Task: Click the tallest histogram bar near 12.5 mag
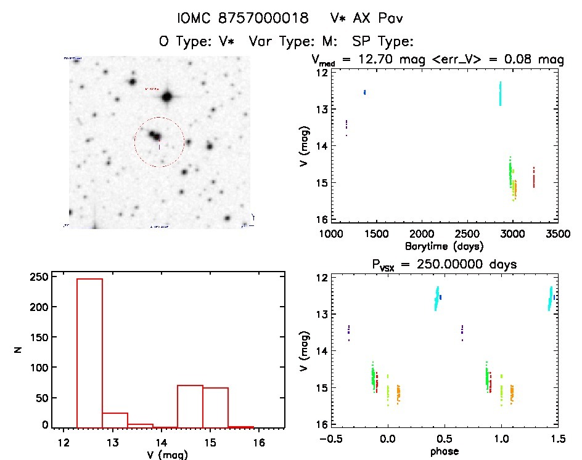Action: [x=89, y=351]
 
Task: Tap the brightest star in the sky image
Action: [x=166, y=97]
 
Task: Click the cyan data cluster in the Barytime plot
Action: [x=500, y=94]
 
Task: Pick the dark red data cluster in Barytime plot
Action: [x=533, y=177]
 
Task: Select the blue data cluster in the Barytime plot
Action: [x=365, y=92]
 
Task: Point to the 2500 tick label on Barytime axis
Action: [x=467, y=234]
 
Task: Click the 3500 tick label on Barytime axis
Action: [x=557, y=234]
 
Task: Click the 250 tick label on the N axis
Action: [x=38, y=277]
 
